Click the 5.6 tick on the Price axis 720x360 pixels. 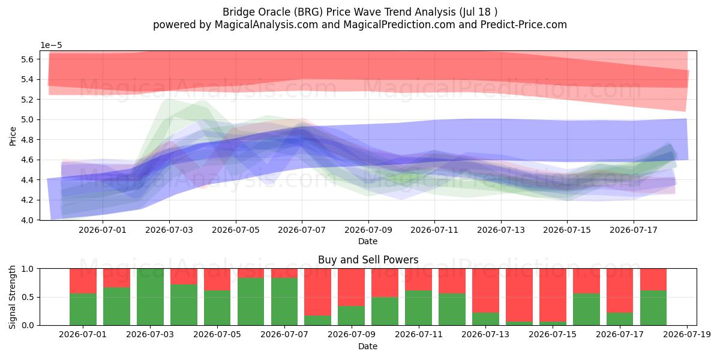tap(27, 59)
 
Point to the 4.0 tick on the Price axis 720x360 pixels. tap(27, 220)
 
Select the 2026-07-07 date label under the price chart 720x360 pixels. tap(302, 230)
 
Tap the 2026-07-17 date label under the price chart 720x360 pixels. tap(634, 230)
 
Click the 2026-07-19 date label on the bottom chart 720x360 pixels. tap(687, 334)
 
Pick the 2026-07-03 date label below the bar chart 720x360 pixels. tap(150, 334)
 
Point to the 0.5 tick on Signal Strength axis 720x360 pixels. tap(28, 297)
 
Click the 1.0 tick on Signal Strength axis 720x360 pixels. tap(28, 269)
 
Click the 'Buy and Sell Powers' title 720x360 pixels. tap(368, 260)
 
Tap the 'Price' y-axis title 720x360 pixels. tap(13, 136)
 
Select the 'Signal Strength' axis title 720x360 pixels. tap(12, 297)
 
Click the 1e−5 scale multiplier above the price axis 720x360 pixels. tap(51, 46)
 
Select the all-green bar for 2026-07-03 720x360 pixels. tap(150, 297)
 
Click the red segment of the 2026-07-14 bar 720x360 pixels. tap(520, 295)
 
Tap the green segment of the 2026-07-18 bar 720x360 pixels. tap(653, 308)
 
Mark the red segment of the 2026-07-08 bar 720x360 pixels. tap(318, 292)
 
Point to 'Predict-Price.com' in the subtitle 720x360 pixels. tap(524, 25)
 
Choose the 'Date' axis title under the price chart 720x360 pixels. tap(368, 241)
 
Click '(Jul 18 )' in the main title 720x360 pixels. tap(478, 12)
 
